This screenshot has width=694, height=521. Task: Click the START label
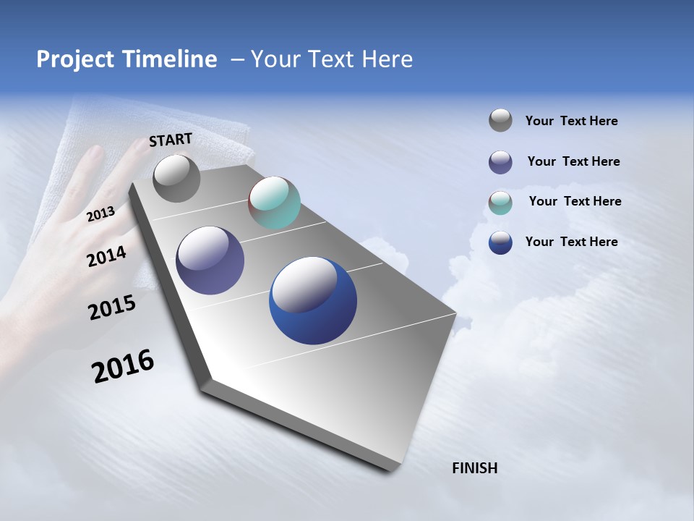tap(171, 140)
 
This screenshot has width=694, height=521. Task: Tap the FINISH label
tap(474, 468)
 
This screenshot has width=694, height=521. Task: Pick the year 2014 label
tap(107, 256)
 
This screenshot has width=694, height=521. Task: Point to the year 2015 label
tap(112, 308)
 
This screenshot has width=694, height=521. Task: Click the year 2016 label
tap(123, 366)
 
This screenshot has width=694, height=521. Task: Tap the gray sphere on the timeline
tap(176, 179)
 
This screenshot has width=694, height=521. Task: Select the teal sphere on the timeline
tap(274, 203)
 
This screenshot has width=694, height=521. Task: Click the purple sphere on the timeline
tap(210, 260)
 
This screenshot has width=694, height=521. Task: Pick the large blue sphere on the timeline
tap(312, 300)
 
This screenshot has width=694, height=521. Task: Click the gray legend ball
tap(500, 120)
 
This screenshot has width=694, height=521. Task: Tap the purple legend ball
tap(500, 162)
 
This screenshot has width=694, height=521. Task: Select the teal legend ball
tap(500, 203)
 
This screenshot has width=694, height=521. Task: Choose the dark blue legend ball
tap(500, 242)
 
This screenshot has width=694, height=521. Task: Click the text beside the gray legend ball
tap(571, 121)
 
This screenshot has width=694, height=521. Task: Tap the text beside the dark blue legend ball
tap(571, 242)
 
